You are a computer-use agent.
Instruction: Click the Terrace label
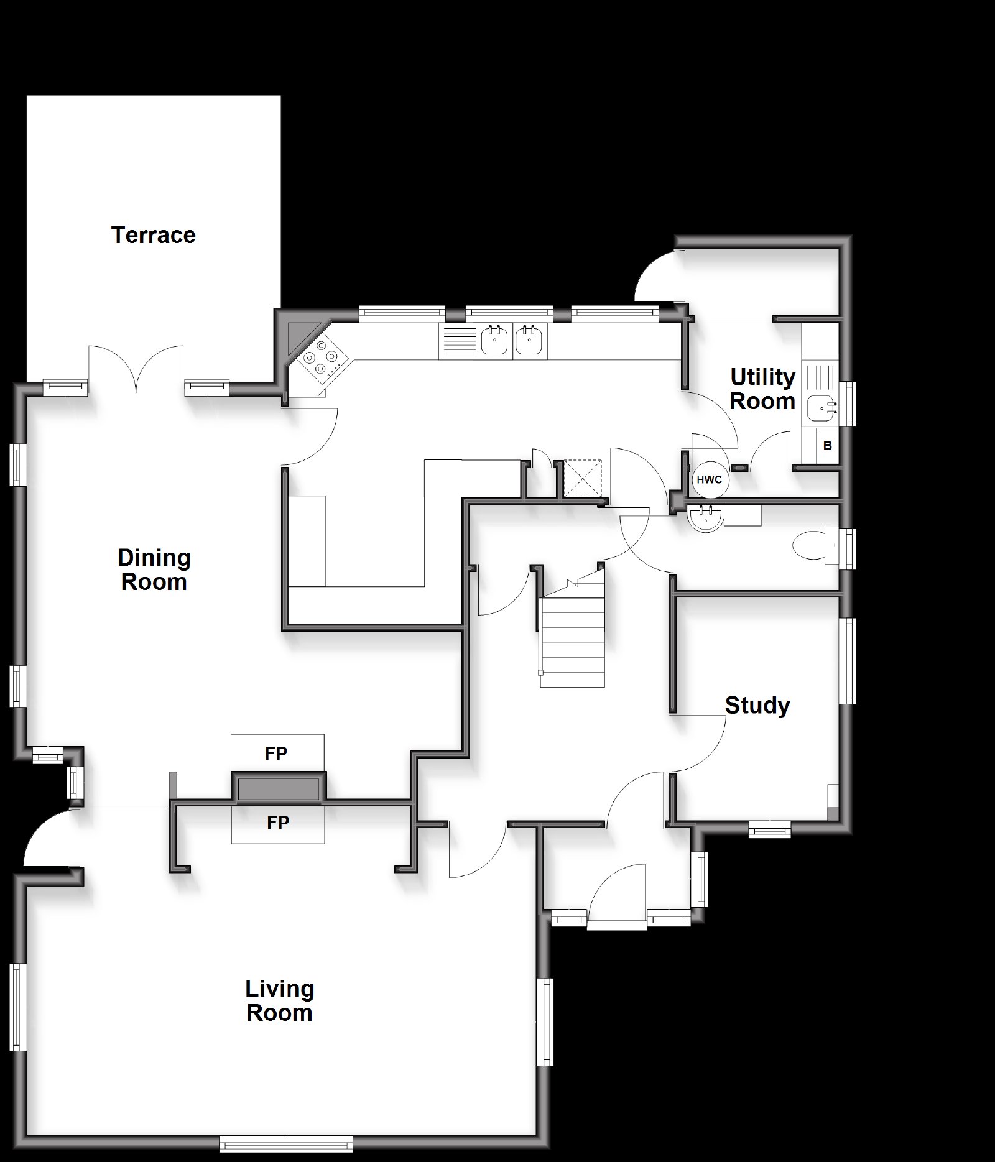[153, 235]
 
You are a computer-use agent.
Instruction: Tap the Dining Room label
[154, 569]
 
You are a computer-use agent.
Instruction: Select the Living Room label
[279, 1000]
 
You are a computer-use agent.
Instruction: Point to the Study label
[757, 706]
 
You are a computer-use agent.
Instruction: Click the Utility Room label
[762, 389]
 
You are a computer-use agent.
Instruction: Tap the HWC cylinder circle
[709, 480]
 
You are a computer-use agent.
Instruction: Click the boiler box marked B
[827, 446]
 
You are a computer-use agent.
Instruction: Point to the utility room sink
[821, 408]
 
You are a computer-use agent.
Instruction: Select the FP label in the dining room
[276, 754]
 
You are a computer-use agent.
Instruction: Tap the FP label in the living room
[278, 823]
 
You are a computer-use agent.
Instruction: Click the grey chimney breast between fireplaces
[279, 788]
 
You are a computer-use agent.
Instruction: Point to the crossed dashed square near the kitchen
[583, 478]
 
